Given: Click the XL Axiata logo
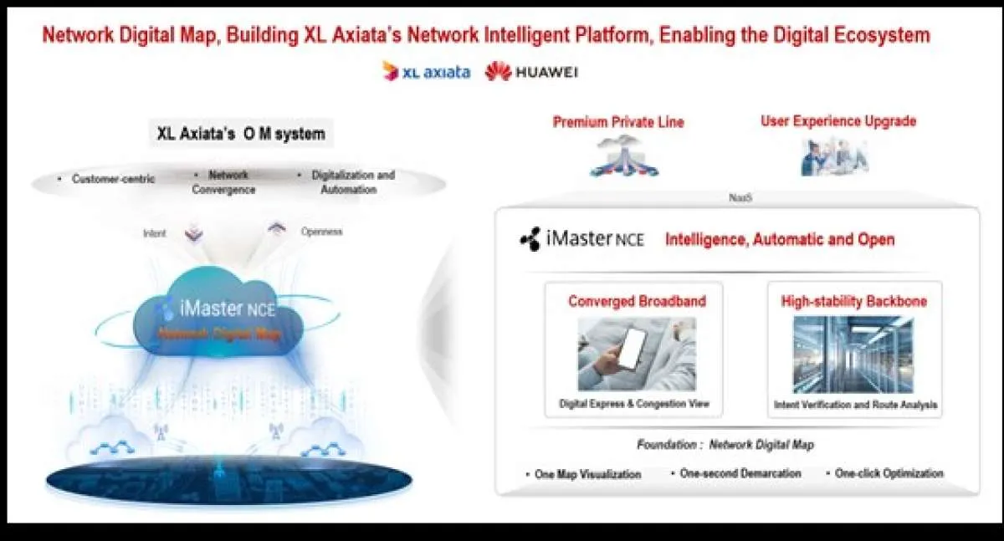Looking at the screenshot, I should coord(426,72).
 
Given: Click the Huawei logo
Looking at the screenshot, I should coord(531,72).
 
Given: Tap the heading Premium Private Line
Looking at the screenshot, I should coord(618,123).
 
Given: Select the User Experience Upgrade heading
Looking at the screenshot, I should coord(838,121).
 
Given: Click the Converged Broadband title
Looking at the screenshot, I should coord(637,301).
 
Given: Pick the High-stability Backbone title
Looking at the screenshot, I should coord(853,301).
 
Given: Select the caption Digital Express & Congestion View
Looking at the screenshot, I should coord(634,404).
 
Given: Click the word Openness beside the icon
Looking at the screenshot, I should coord(321,232).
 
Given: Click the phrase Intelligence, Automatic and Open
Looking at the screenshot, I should coord(780,240).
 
